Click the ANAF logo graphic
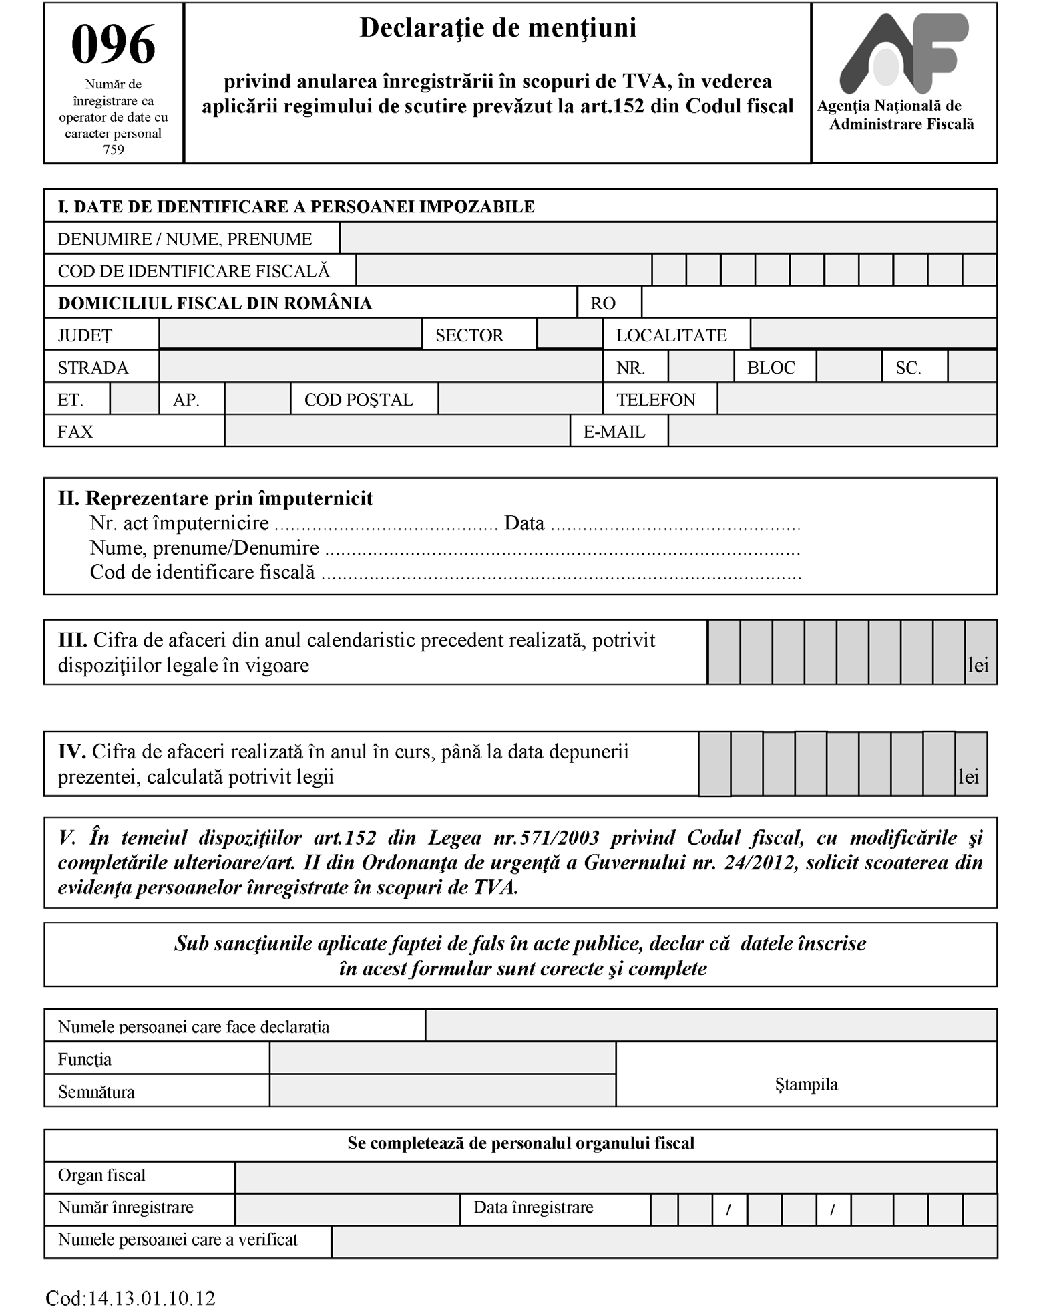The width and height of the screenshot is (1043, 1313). [x=903, y=53]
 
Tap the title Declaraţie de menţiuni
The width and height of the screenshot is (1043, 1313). [x=497, y=28]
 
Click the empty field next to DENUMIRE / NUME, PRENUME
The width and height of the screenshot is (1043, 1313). [x=668, y=238]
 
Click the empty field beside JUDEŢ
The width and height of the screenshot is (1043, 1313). [x=290, y=334]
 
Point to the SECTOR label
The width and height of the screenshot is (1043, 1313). [x=469, y=335]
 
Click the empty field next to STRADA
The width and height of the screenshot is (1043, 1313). [x=381, y=367]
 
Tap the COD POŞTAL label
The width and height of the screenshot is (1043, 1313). [x=359, y=400]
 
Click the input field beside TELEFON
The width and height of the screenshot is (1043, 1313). [x=857, y=399]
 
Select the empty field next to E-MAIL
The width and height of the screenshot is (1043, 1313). [x=832, y=431]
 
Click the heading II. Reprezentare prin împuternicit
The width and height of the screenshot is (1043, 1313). [x=216, y=498]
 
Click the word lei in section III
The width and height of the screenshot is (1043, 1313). [x=978, y=665]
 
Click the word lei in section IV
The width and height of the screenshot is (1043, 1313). [x=969, y=776]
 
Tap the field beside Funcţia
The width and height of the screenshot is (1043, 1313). [x=442, y=1059]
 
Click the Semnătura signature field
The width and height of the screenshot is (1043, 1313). [x=442, y=1091]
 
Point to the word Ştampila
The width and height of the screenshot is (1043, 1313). [x=806, y=1084]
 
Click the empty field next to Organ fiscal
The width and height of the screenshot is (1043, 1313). [x=616, y=1177]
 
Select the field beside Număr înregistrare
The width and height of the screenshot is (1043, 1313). [x=347, y=1209]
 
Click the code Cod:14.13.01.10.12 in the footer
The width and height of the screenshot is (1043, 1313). [x=131, y=1298]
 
